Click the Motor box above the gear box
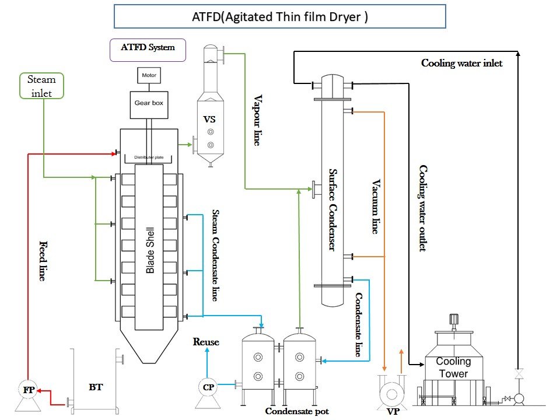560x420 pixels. pyautogui.click(x=148, y=76)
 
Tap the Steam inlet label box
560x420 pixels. pyautogui.click(x=41, y=85)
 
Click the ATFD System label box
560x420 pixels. pyautogui.click(x=148, y=48)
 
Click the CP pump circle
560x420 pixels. pyautogui.click(x=208, y=387)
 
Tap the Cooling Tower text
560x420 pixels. pyautogui.click(x=453, y=367)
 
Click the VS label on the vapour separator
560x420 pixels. pyautogui.click(x=209, y=119)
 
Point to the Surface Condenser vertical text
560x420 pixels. pyautogui.click(x=332, y=210)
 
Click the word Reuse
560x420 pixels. pyautogui.click(x=206, y=342)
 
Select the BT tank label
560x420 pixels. pyautogui.click(x=96, y=387)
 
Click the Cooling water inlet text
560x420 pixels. pyautogui.click(x=461, y=63)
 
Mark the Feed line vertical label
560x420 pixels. pyautogui.click(x=43, y=261)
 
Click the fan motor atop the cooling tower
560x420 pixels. pyautogui.click(x=453, y=320)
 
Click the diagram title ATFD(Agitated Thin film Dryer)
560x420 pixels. pyautogui.click(x=279, y=17)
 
